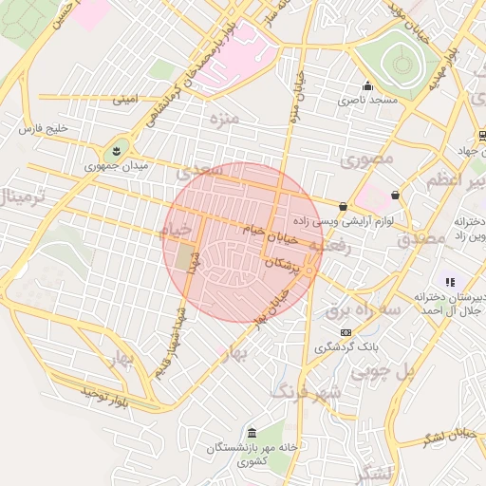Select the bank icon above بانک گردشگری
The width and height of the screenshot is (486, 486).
[x=346, y=333]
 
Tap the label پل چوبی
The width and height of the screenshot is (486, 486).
[x=380, y=373]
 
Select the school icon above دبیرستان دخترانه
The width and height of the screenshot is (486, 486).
[x=450, y=282]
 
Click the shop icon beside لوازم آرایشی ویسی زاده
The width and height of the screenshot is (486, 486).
[x=343, y=206]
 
